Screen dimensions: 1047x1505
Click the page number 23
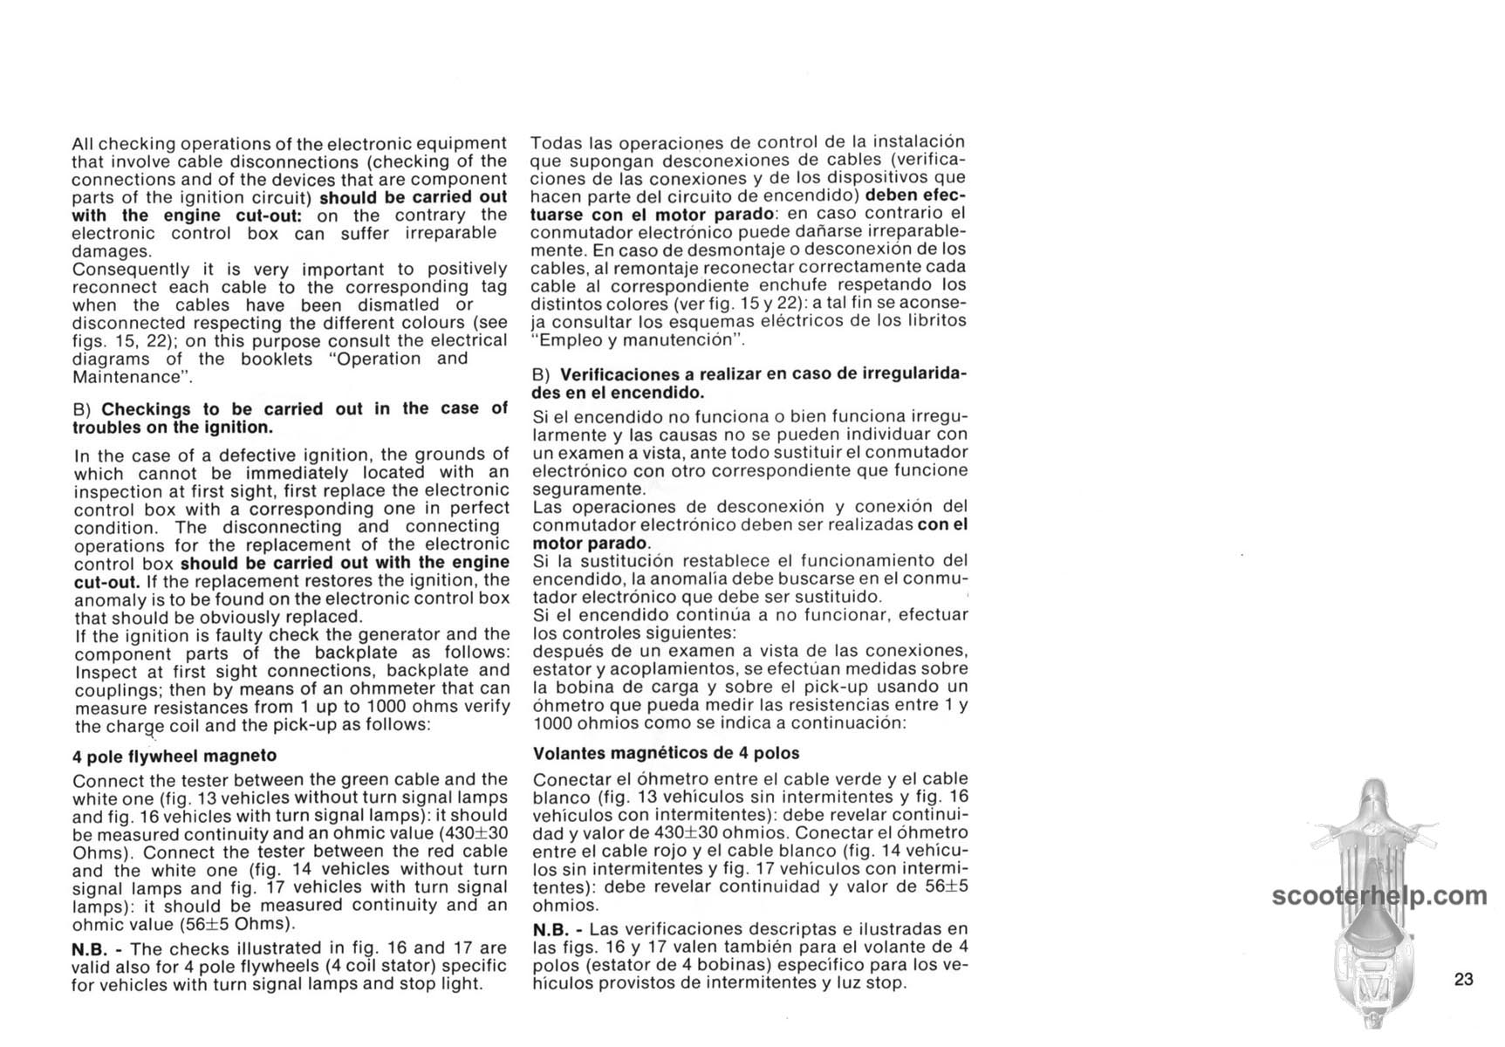(x=1464, y=979)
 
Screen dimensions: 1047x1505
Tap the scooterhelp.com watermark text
(x=1379, y=896)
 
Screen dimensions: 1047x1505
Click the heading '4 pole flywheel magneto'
(x=174, y=756)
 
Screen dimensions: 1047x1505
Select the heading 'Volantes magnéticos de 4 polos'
(x=666, y=753)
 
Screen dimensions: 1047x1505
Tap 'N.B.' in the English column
(x=90, y=948)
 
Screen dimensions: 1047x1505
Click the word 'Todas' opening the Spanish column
(x=555, y=142)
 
